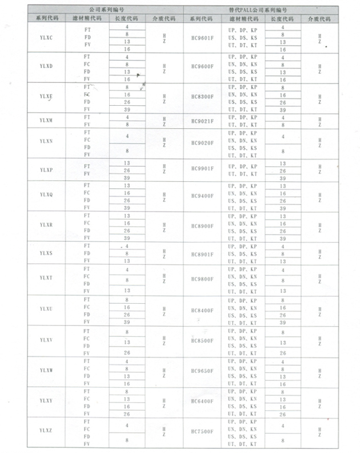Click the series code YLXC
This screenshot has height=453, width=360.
pyautogui.click(x=47, y=39)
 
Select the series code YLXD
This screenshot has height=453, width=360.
pyautogui.click(x=47, y=67)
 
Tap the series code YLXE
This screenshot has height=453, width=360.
pyautogui.click(x=47, y=97)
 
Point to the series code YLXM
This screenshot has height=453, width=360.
pyautogui.click(x=47, y=120)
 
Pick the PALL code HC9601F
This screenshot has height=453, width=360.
pyautogui.click(x=202, y=39)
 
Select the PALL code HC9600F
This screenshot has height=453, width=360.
pyautogui.click(x=202, y=67)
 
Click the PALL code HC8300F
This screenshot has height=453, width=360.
pyautogui.click(x=202, y=97)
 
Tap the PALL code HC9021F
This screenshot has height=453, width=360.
pyautogui.click(x=202, y=120)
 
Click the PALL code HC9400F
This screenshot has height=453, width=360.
pyautogui.click(x=202, y=196)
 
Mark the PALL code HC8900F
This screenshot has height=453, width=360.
pyautogui.click(x=202, y=225)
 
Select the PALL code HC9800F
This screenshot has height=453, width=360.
pyautogui.click(x=202, y=279)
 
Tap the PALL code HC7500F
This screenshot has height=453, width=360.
pyautogui.click(x=202, y=430)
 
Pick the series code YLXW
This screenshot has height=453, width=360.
pyautogui.click(x=47, y=371)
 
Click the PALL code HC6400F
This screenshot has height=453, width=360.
pyautogui.click(x=202, y=401)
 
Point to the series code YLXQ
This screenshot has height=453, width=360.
pyautogui.click(x=47, y=196)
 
